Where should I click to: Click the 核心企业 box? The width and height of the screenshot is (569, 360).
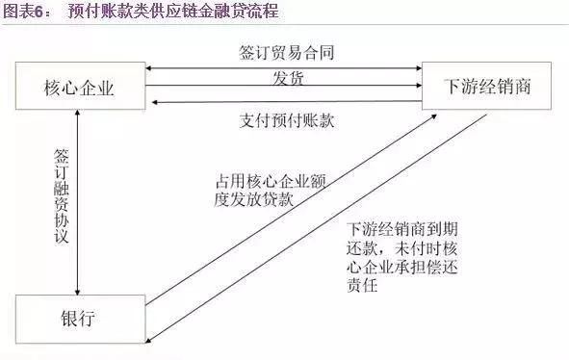[x=80, y=89]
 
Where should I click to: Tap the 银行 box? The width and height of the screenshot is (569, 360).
[x=80, y=318]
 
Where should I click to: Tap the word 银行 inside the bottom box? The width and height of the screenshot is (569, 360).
[x=80, y=318]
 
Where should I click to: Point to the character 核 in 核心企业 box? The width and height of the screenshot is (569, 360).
[x=53, y=89]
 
